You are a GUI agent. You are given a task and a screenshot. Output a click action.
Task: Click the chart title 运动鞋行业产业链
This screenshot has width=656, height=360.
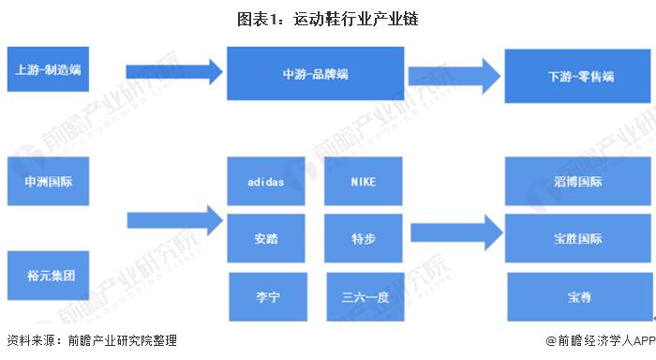coord(327,19)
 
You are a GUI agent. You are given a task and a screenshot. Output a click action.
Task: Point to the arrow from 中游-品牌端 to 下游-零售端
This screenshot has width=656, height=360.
coord(452,72)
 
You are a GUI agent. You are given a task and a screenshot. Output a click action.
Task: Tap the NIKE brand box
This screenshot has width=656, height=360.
coord(363,181)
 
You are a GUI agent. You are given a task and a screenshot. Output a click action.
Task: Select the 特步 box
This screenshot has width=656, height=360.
coord(363,238)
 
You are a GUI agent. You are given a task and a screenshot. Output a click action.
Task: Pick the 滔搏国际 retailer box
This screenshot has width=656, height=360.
coord(573,181)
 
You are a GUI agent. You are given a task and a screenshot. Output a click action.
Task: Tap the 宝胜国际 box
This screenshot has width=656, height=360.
coord(573,238)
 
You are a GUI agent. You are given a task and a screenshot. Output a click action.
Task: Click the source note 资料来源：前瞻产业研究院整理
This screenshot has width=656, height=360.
coord(91,341)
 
